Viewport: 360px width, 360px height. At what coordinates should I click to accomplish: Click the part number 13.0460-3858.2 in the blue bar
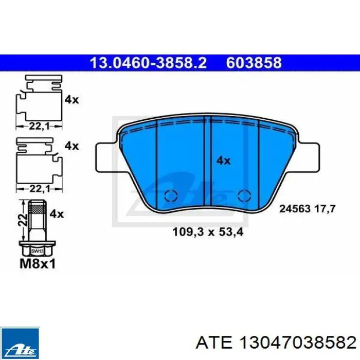148,63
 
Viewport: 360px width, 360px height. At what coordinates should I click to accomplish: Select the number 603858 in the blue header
254,63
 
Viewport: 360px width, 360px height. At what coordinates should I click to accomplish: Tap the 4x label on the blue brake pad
223,160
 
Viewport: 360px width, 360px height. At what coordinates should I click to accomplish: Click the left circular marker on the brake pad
170,195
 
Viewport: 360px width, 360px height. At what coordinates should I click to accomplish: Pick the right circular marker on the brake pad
243,195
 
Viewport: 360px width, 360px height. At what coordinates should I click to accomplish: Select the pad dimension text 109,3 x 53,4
207,232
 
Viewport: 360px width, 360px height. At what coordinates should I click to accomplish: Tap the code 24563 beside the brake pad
295,209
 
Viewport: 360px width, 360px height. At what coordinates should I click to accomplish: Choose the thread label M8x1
37,263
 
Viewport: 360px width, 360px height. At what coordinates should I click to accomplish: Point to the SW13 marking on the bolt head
36,251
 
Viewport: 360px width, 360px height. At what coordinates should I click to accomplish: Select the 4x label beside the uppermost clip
71,100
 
